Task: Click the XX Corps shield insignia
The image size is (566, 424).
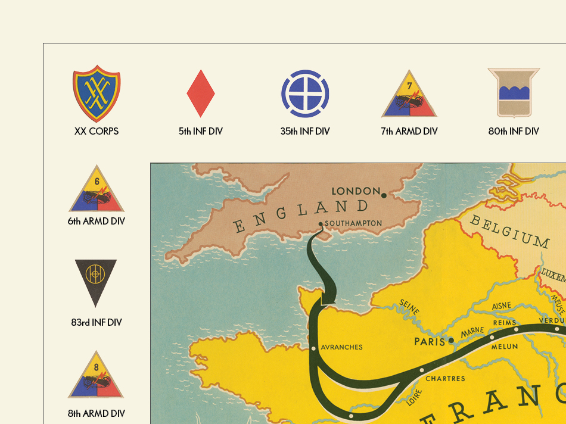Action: [x=97, y=94]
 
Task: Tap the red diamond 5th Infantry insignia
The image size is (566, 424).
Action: [x=201, y=93]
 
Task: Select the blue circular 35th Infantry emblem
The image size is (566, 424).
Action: [x=305, y=93]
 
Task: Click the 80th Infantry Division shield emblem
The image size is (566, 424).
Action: [x=514, y=93]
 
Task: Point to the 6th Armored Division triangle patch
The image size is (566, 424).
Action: [x=97, y=191]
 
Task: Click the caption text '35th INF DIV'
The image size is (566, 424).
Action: [x=305, y=131]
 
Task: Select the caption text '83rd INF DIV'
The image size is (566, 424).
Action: [x=97, y=323]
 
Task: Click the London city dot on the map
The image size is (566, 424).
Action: [x=384, y=195]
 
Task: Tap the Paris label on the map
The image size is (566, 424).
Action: [x=430, y=341]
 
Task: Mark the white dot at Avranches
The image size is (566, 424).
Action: [x=313, y=348]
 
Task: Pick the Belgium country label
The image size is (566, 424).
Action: [x=509, y=231]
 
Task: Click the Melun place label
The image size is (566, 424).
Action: [x=504, y=346]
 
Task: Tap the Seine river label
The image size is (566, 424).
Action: [x=410, y=307]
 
